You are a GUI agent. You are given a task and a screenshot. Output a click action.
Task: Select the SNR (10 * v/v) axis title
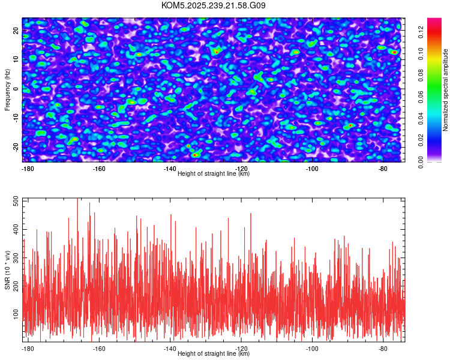click(7, 270)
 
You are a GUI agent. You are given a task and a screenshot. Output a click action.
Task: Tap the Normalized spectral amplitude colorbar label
click(446, 90)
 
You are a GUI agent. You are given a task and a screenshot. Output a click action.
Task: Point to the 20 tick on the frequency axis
click(17, 30)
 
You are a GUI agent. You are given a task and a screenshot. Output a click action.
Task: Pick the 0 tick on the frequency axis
click(17, 89)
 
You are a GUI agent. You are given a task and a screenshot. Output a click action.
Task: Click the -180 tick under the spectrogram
click(28, 169)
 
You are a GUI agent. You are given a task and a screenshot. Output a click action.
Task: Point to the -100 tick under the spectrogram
click(311, 169)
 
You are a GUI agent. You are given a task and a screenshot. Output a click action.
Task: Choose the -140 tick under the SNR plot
click(170, 349)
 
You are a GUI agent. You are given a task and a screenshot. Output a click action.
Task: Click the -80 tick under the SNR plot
click(382, 349)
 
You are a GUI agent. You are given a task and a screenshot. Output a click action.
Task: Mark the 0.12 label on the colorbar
click(421, 35)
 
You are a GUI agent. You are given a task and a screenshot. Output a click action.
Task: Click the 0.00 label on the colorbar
click(421, 162)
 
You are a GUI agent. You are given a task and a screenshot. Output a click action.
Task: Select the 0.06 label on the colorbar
click(421, 98)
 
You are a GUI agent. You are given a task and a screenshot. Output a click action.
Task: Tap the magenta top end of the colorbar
click(434, 20)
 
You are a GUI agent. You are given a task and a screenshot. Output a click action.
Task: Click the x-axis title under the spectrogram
click(213, 174)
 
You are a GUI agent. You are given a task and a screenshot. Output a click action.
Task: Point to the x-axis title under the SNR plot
click(213, 354)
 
